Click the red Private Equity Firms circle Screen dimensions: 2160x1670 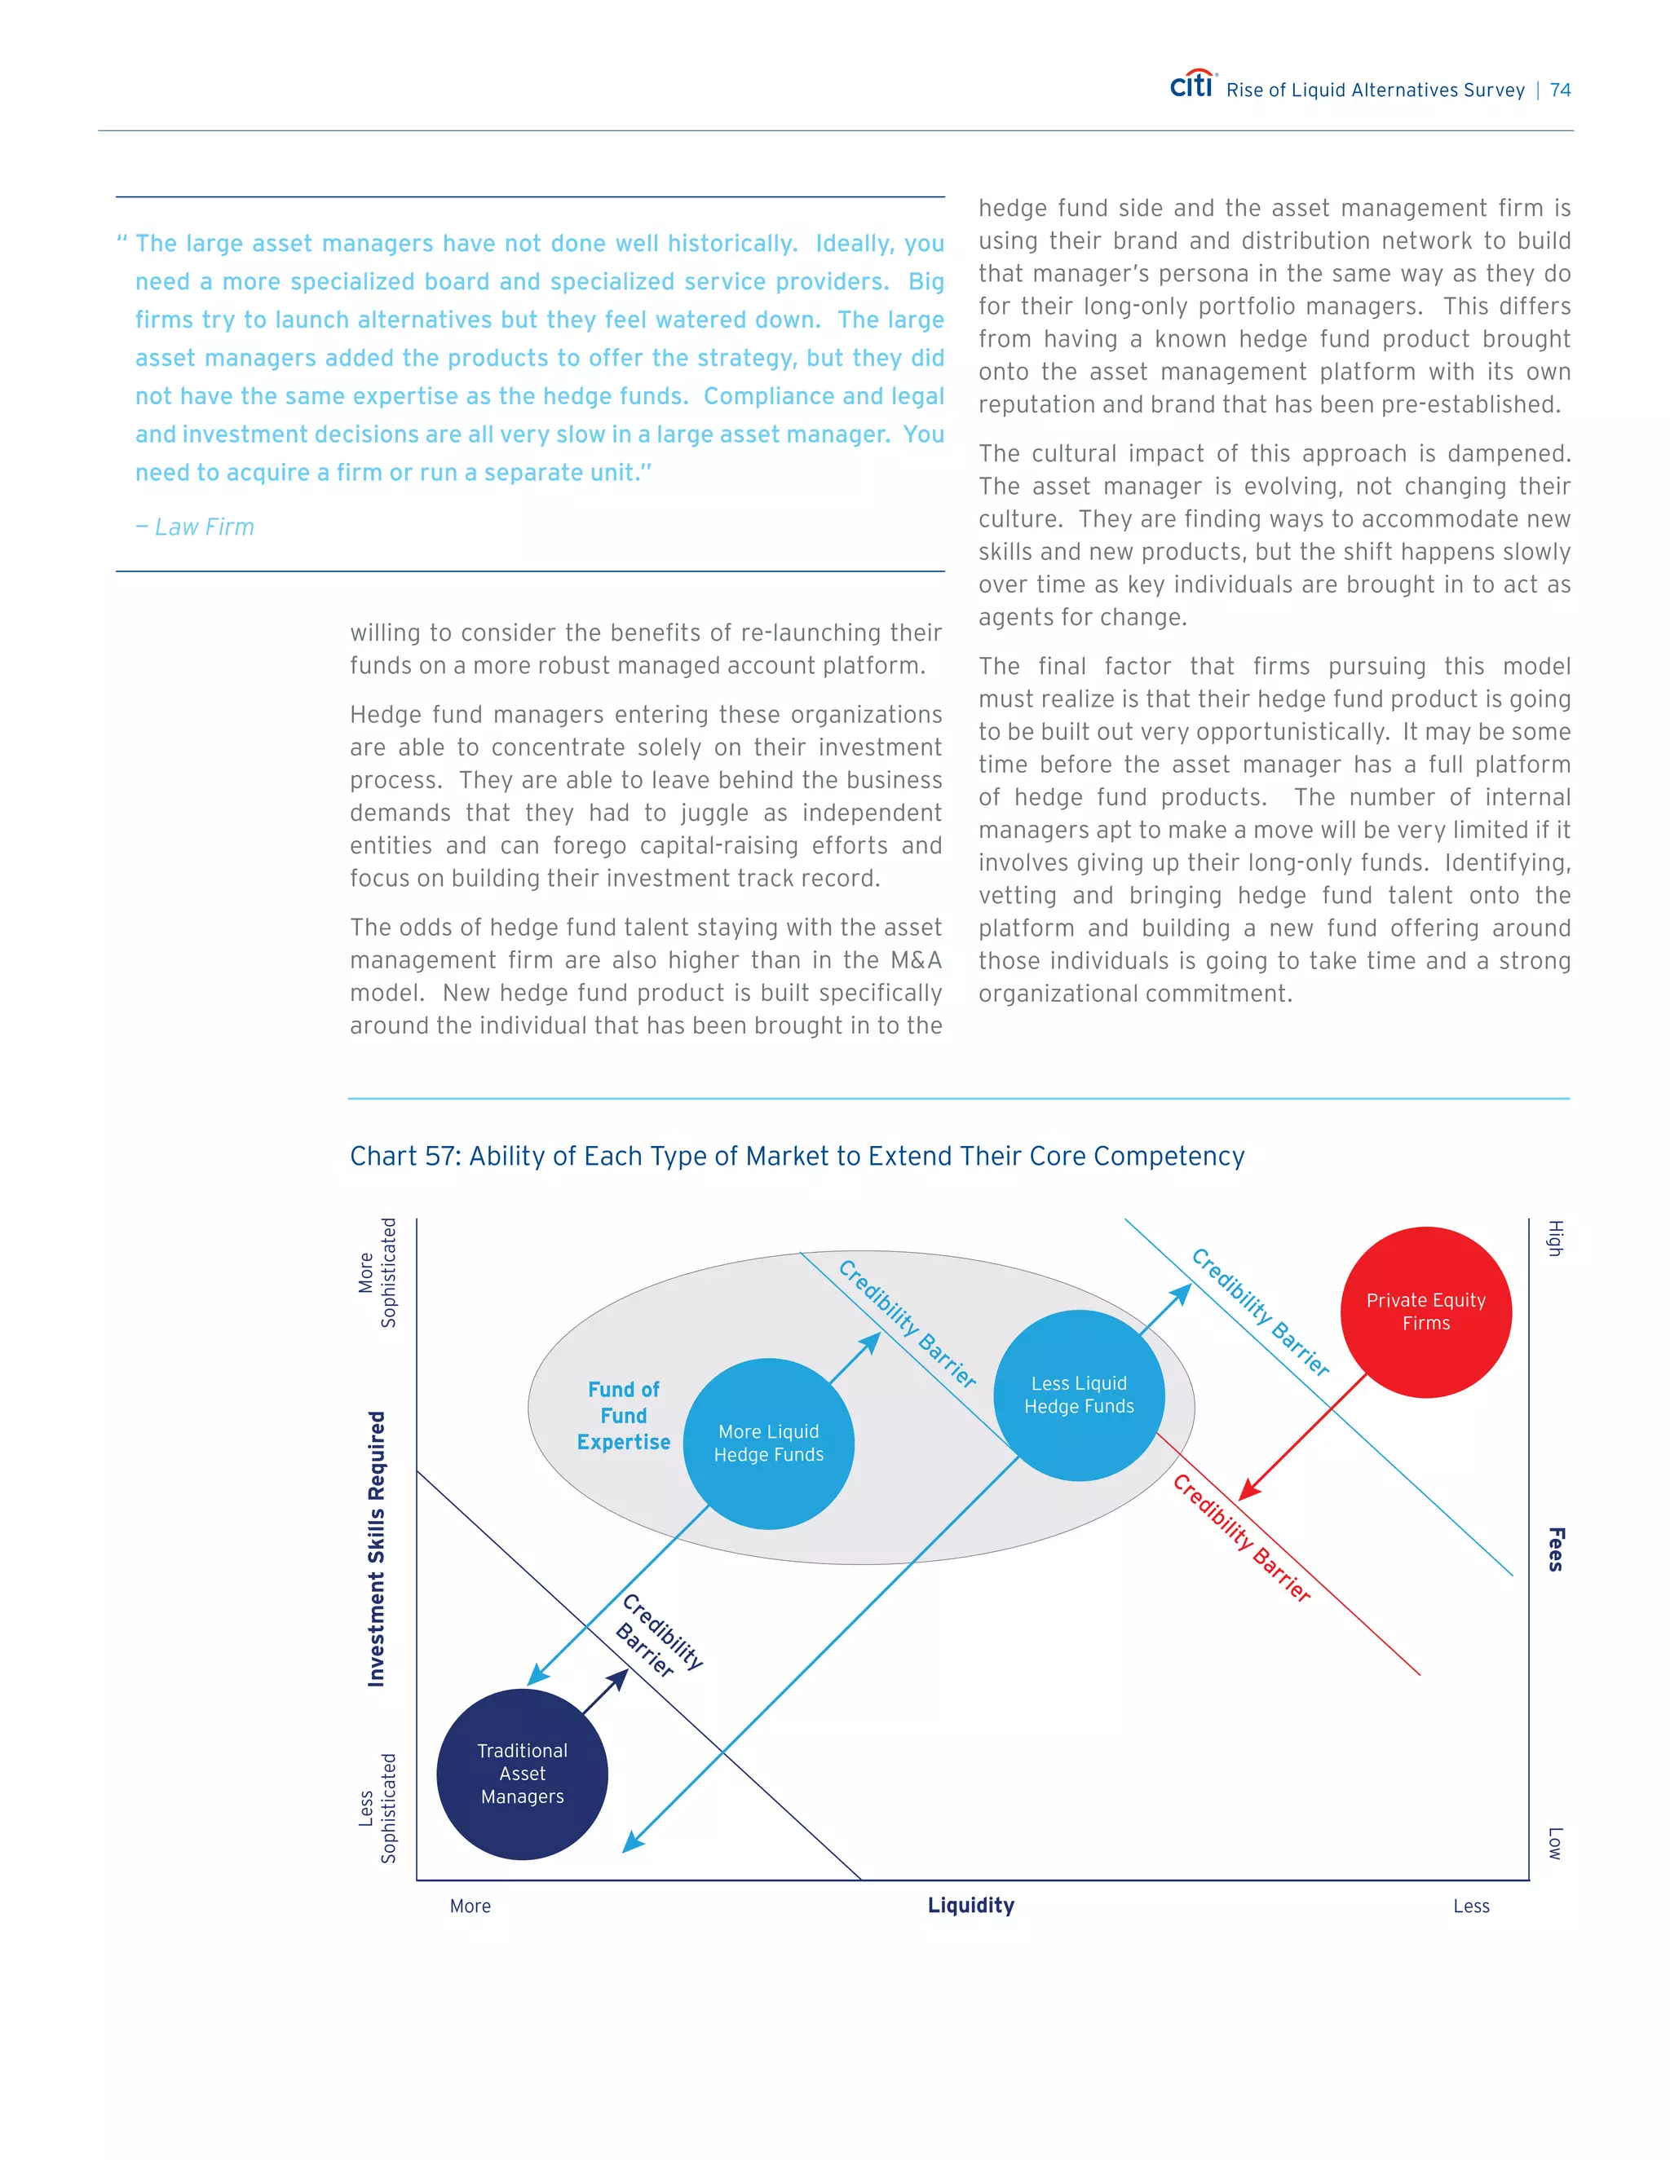coord(1425,1311)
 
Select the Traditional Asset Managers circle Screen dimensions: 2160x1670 coord(523,1774)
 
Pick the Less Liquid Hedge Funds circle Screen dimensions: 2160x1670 coord(1078,1395)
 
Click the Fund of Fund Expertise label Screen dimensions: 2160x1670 coord(623,1415)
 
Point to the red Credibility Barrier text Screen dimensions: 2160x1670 coord(1242,1538)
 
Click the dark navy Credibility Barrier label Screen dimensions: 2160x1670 coord(659,1636)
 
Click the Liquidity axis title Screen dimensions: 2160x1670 coord(970,1905)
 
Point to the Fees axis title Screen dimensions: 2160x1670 coord(1555,1549)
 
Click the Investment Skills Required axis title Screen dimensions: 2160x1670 coord(376,1548)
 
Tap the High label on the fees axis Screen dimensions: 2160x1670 coord(1555,1238)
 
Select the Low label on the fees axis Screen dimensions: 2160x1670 coord(1555,1843)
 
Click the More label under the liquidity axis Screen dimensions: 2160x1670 coord(470,1906)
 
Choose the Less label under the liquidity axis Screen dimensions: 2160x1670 coord(1471,1906)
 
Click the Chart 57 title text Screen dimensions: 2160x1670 coord(797,1155)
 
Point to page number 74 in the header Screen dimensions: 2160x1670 coord(1560,90)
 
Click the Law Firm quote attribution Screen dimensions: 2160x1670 coord(195,527)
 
